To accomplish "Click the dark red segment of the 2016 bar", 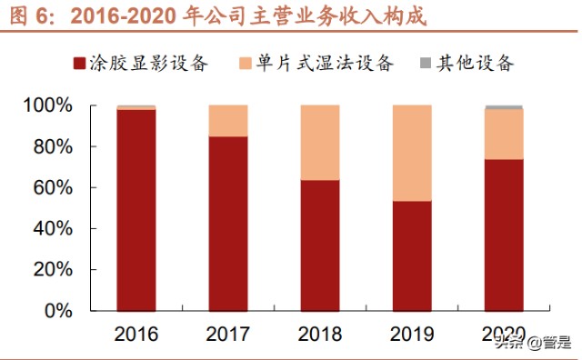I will pyautogui.click(x=136, y=210).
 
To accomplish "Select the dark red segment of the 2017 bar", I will pyautogui.click(x=228, y=224).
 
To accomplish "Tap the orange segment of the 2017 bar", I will pyautogui.click(x=228, y=121).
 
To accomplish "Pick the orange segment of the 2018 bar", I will pyautogui.click(x=320, y=143).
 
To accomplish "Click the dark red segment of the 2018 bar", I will pyautogui.click(x=320, y=245).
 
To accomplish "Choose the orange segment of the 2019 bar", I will pyautogui.click(x=412, y=153).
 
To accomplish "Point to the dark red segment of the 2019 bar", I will pyautogui.click(x=412, y=256).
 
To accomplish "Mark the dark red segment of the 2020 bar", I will pyautogui.click(x=504, y=235).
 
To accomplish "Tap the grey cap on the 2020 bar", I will pyautogui.click(x=504, y=107).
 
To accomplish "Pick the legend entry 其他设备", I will pyautogui.click(x=467, y=64).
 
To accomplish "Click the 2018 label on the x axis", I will pyautogui.click(x=320, y=335).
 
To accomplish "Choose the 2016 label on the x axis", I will pyautogui.click(x=136, y=335).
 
